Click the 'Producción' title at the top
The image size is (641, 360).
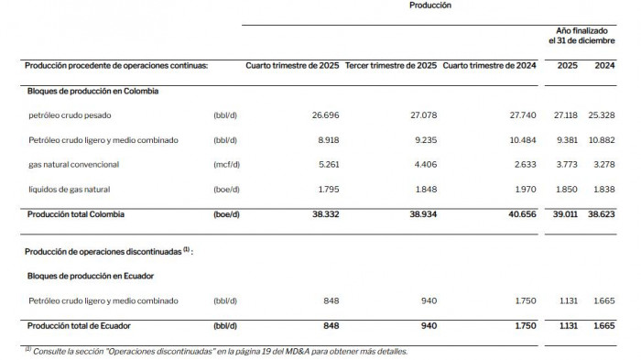point(429,5)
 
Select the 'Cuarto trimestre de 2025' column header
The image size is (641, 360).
point(293,66)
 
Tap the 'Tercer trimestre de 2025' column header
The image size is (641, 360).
point(392,66)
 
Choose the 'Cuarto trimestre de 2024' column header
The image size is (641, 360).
point(489,66)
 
